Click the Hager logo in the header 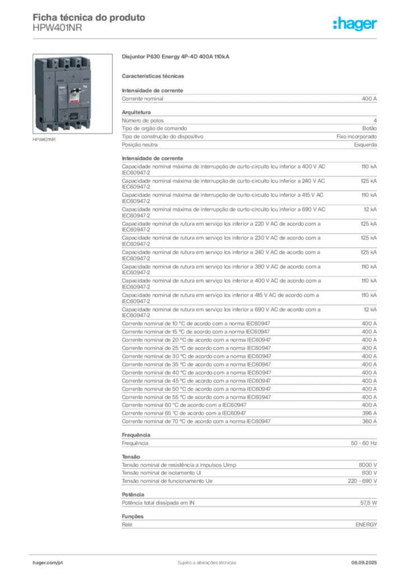point(354,24)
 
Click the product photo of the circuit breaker point(72,94)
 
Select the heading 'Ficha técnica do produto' point(89,17)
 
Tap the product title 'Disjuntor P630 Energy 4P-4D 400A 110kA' point(176,57)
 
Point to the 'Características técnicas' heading point(153,76)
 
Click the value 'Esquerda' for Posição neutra point(366,145)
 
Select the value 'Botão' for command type point(370,128)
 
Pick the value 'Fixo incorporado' point(357,137)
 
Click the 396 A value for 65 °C point(370,413)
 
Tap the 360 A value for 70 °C point(370,422)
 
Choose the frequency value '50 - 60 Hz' point(364,443)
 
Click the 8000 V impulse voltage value point(368,465)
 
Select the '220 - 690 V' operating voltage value point(362,481)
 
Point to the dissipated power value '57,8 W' point(368,503)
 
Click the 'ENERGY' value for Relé point(366,525)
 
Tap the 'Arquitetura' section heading point(136,112)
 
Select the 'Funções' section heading point(132,516)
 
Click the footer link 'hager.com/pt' point(48,563)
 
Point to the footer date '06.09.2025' point(364,563)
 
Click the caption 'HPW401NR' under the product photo point(44,140)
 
